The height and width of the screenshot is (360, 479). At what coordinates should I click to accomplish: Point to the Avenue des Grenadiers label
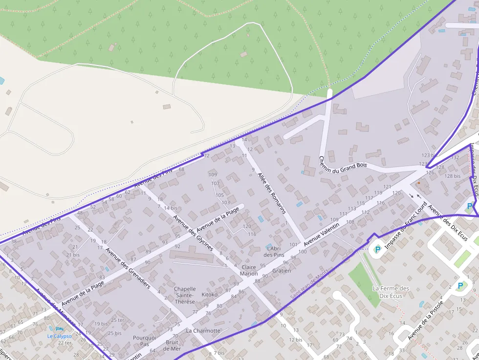(128, 268)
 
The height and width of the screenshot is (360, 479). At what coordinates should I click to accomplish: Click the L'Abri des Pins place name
(274, 252)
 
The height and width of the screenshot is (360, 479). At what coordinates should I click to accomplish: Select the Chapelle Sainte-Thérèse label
(185, 295)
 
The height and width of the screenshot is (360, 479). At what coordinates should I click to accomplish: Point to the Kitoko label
(209, 295)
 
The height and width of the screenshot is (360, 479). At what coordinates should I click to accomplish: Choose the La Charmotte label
(203, 331)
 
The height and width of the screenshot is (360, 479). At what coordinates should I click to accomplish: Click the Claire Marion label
(249, 270)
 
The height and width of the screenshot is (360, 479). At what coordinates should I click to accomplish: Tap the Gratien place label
(282, 271)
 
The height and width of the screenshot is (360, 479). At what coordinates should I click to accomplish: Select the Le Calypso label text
(59, 336)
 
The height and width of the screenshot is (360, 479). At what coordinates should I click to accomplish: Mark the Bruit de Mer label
(173, 345)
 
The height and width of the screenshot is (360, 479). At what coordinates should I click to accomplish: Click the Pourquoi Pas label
(144, 340)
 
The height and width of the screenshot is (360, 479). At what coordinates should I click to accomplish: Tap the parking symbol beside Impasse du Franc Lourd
(377, 249)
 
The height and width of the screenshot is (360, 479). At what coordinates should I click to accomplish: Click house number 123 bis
(429, 155)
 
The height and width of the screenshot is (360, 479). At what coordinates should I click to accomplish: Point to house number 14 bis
(171, 208)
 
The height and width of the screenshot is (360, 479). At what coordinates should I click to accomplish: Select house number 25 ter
(118, 320)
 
